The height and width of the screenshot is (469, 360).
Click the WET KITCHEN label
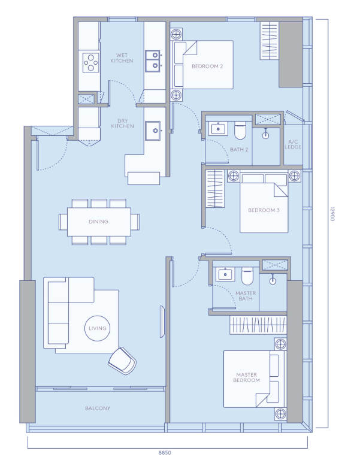[x=122, y=58]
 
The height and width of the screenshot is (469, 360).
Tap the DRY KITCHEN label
[x=122, y=123]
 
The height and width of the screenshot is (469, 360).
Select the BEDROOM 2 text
[x=207, y=66]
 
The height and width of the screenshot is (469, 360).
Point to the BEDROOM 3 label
[x=264, y=210]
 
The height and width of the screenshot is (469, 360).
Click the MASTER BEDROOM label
[x=247, y=377]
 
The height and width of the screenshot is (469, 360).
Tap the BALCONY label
[x=98, y=409]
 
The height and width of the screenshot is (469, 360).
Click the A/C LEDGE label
[x=293, y=144]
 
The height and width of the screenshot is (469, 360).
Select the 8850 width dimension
[x=165, y=453]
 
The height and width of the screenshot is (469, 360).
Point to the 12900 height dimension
[x=332, y=214]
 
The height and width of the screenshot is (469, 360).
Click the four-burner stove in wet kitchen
[x=91, y=62]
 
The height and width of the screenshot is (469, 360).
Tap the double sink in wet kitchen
[x=153, y=60]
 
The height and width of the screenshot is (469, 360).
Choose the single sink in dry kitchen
[x=153, y=131]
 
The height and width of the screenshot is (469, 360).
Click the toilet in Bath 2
[x=240, y=131]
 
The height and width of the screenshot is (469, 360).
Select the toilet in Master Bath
[x=247, y=276]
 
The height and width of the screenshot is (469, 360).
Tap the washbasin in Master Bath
[x=225, y=274]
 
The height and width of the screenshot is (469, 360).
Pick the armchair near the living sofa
[x=122, y=361]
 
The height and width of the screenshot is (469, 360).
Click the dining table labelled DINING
[x=99, y=222]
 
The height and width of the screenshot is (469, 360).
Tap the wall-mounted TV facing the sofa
[x=162, y=322]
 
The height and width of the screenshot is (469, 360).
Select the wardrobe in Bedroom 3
[x=215, y=189]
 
